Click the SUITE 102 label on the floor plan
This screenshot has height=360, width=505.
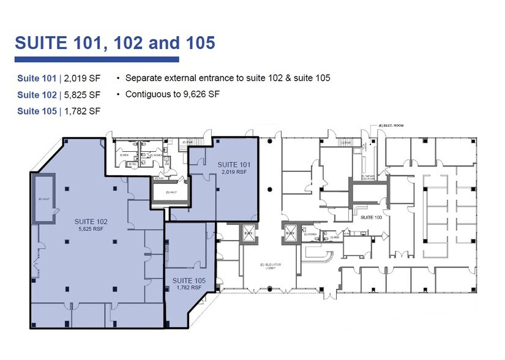tap(91, 221)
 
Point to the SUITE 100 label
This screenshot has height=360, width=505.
tap(371, 217)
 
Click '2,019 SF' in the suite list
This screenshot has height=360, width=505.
tap(80, 78)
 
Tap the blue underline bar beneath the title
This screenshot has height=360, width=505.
tap(96, 59)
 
